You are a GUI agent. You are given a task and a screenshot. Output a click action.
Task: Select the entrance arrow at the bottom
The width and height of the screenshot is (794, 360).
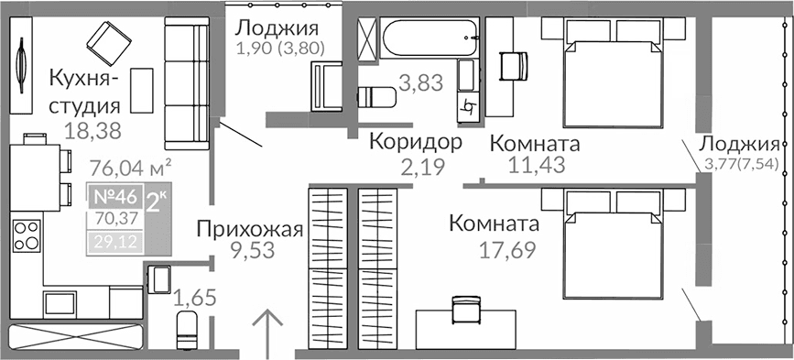click(x=266, y=333)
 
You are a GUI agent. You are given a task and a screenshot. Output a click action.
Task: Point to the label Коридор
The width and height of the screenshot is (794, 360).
click(x=415, y=142)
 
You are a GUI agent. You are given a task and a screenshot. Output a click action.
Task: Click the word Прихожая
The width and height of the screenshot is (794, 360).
click(x=249, y=230)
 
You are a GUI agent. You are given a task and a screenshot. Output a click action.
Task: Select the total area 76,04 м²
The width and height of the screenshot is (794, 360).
click(x=134, y=167)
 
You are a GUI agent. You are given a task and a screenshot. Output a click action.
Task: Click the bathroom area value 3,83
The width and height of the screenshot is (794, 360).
click(x=421, y=83)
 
